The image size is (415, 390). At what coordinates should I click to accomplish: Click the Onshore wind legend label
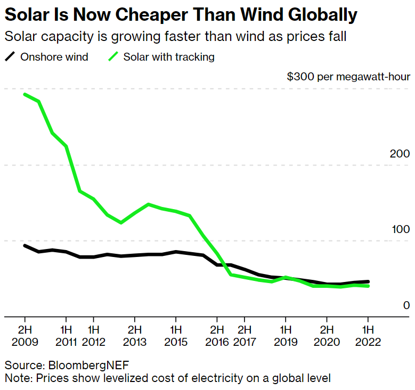point(54,56)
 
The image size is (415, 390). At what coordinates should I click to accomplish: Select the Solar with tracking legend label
point(169,56)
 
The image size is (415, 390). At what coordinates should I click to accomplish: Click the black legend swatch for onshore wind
point(10,56)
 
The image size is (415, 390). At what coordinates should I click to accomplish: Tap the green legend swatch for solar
point(113,56)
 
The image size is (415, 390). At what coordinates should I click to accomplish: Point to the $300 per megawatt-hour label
point(348,77)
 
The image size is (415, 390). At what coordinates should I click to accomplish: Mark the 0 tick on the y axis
point(406,305)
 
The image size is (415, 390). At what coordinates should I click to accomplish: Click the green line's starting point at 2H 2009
point(25,94)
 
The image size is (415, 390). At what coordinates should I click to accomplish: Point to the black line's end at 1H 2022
point(368,281)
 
